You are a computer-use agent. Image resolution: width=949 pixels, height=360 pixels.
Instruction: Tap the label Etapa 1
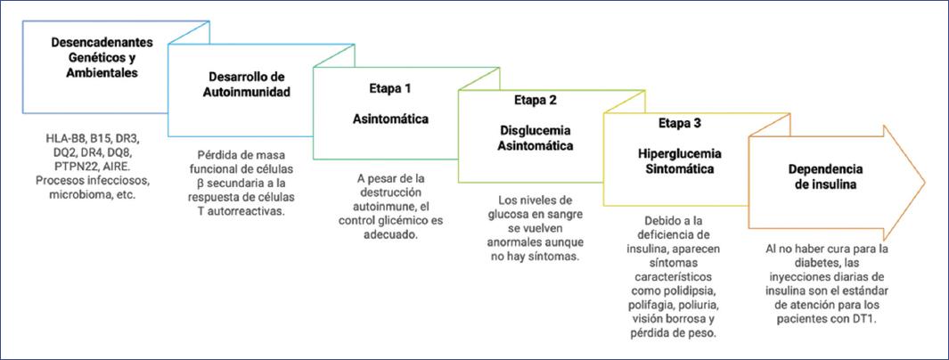pos(389,90)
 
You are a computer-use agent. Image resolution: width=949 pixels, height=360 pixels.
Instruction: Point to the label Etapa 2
pos(534,100)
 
